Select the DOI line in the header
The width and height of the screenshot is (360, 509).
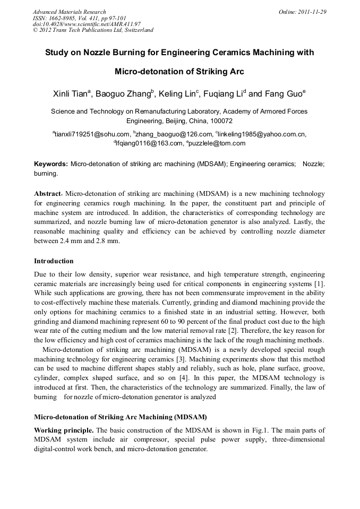87,24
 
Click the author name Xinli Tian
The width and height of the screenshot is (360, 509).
71,94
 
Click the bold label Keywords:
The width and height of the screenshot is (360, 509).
51,165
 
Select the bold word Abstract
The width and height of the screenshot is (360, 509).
47,194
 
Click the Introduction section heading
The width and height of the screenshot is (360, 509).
54,261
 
